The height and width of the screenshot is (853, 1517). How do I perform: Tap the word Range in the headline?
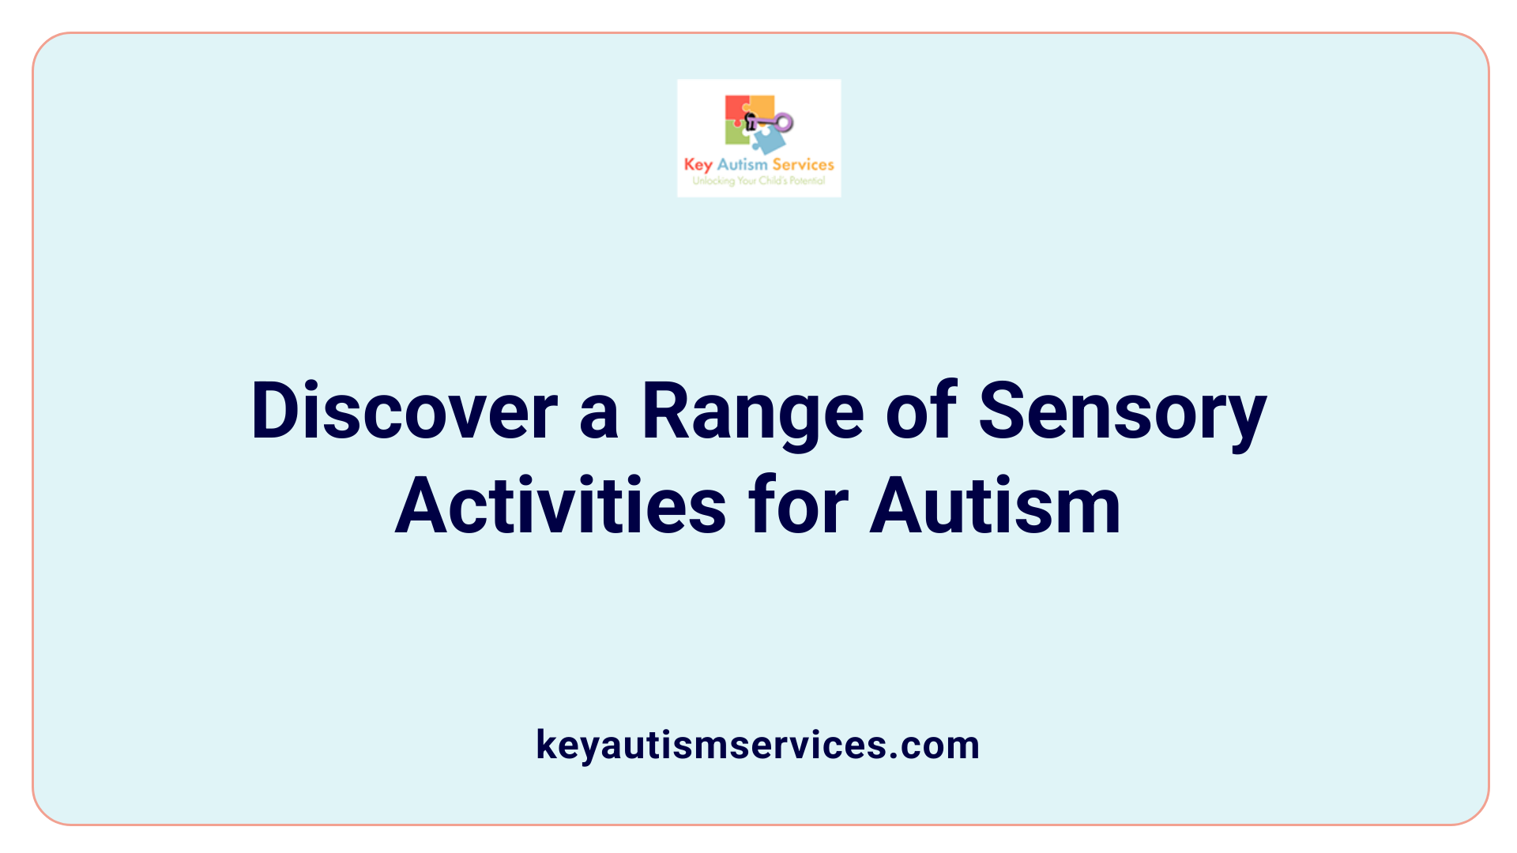pos(752,411)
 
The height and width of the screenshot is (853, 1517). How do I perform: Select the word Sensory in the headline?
pos(1123,411)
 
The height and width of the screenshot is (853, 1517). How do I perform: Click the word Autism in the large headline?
pos(995,506)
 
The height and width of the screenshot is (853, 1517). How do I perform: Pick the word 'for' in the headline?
pos(798,506)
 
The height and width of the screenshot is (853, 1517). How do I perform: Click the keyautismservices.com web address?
pos(758,745)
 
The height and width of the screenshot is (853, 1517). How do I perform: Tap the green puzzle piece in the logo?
pos(736,133)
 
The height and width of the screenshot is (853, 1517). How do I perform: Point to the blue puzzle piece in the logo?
pos(768,141)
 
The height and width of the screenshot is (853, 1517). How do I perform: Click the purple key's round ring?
pos(783,122)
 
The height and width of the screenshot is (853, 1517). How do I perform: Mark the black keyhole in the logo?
pos(750,122)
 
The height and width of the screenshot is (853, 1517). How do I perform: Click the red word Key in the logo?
pos(698,165)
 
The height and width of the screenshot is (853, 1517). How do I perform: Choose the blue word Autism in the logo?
pos(742,164)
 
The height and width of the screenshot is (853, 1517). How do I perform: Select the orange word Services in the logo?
pos(803,164)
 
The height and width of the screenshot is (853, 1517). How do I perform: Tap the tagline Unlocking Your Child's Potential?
pos(758,181)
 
